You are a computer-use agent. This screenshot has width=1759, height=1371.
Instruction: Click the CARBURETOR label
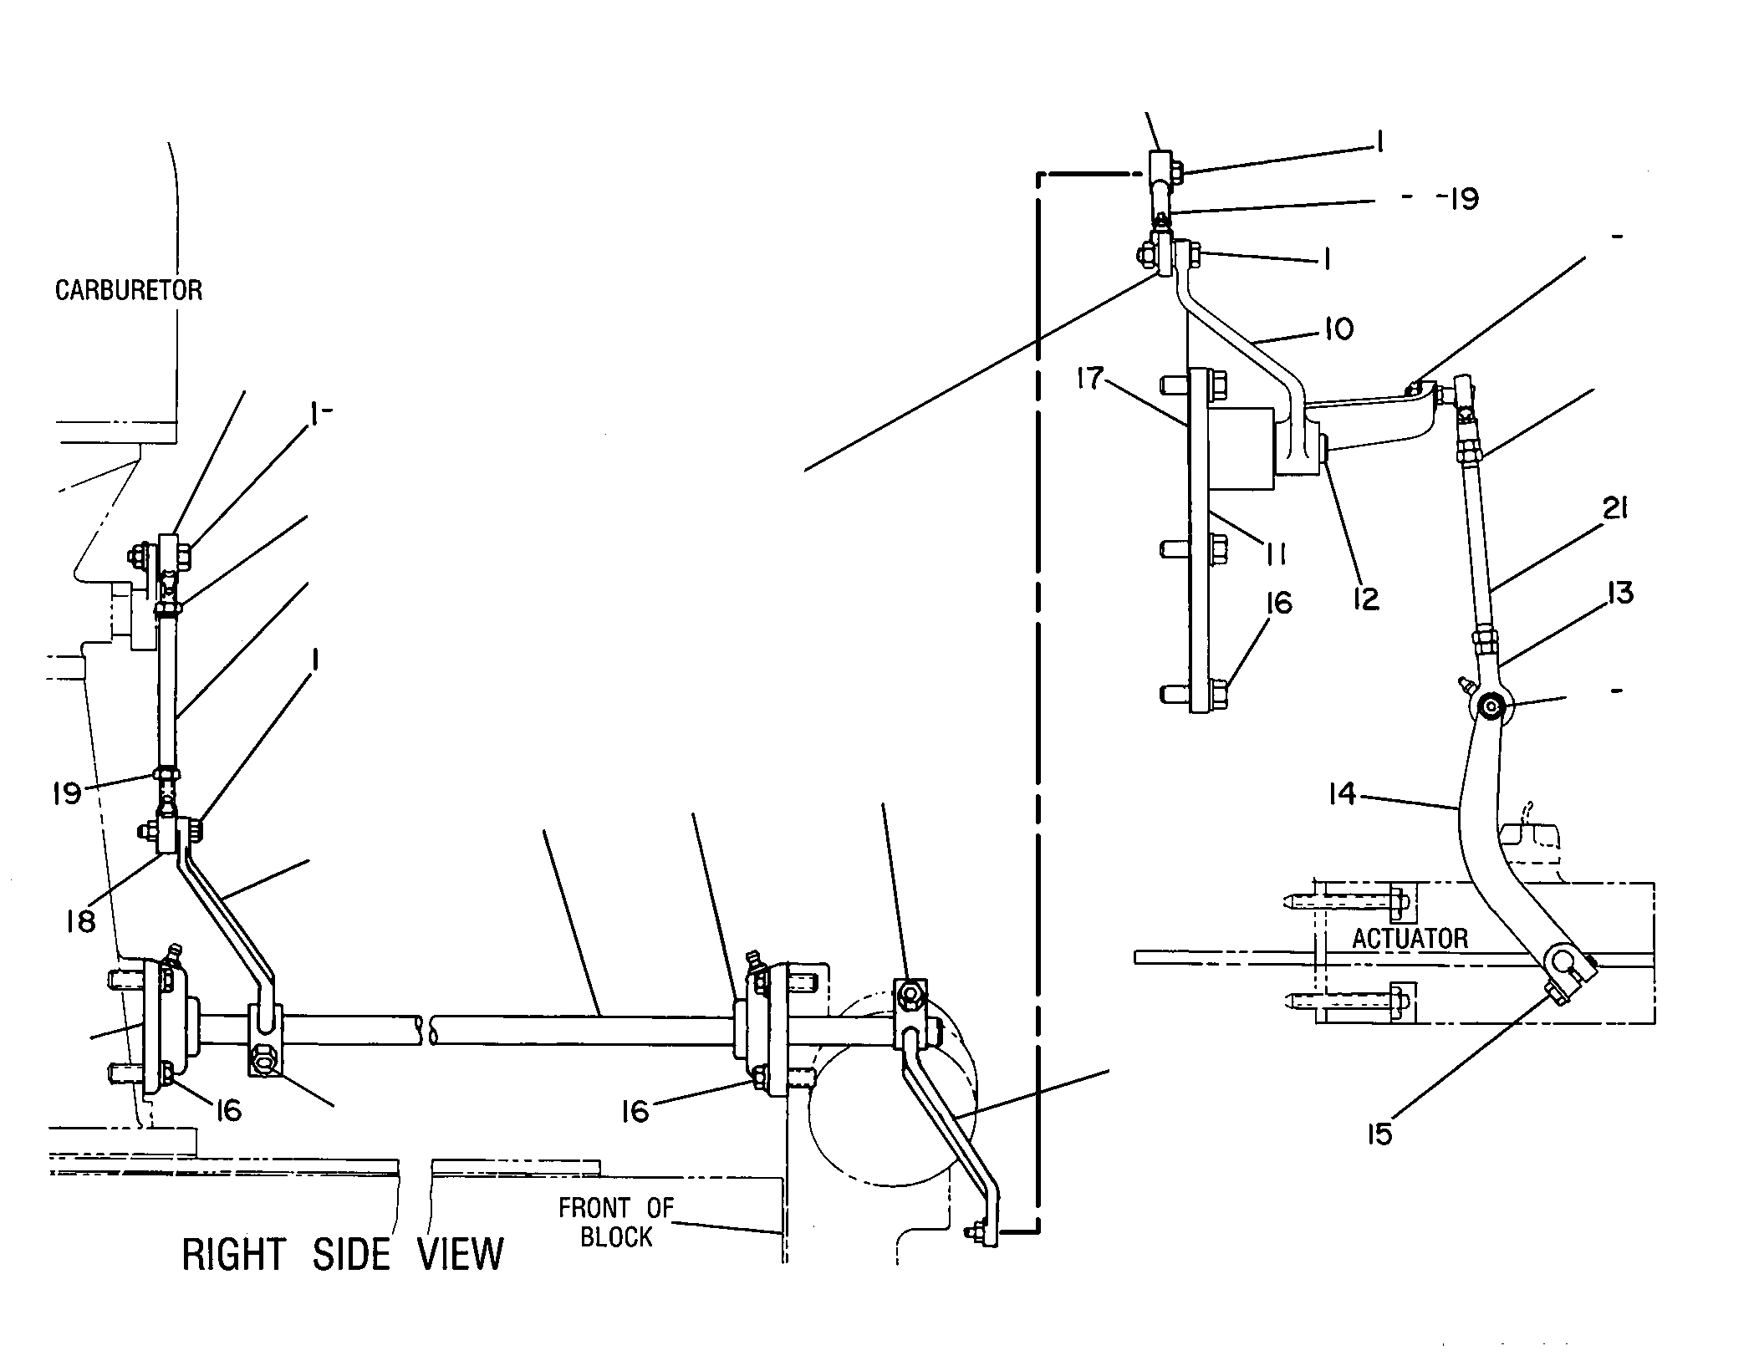pyautogui.click(x=129, y=290)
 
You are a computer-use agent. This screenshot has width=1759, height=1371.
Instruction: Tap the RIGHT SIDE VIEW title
pyautogui.click(x=343, y=1255)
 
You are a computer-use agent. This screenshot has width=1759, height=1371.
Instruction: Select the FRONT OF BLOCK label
pyautogui.click(x=616, y=1222)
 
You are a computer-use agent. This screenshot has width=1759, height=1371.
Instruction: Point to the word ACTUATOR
pyautogui.click(x=1410, y=938)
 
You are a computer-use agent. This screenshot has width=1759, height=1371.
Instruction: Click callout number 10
pyautogui.click(x=1338, y=329)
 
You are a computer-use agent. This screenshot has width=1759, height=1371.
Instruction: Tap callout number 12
pyautogui.click(x=1366, y=598)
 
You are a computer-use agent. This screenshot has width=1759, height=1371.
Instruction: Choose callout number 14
pyautogui.click(x=1343, y=793)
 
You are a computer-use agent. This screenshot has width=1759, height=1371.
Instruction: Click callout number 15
pyautogui.click(x=1379, y=1134)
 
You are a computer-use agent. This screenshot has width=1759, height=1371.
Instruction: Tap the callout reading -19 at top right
pyautogui.click(x=1456, y=199)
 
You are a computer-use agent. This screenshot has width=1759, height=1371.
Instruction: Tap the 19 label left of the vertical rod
pyautogui.click(x=67, y=793)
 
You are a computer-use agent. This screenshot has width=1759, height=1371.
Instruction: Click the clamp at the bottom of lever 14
pyautogui.click(x=1562, y=968)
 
